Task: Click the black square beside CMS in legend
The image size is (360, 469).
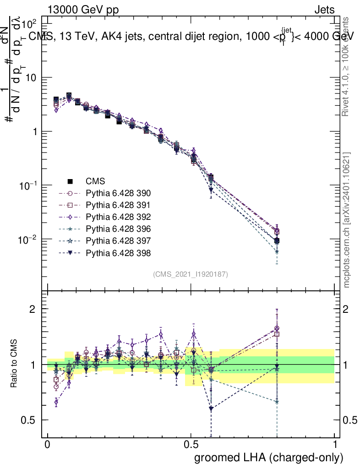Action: click(70, 181)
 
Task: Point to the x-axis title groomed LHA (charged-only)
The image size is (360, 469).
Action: click(269, 457)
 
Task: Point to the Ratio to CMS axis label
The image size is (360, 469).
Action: click(15, 365)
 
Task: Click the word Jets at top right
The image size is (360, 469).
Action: click(324, 10)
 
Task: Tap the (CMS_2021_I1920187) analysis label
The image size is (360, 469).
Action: click(191, 274)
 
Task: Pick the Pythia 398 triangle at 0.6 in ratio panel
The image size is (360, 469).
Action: click(211, 409)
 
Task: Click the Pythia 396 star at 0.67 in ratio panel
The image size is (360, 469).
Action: click(277, 402)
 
